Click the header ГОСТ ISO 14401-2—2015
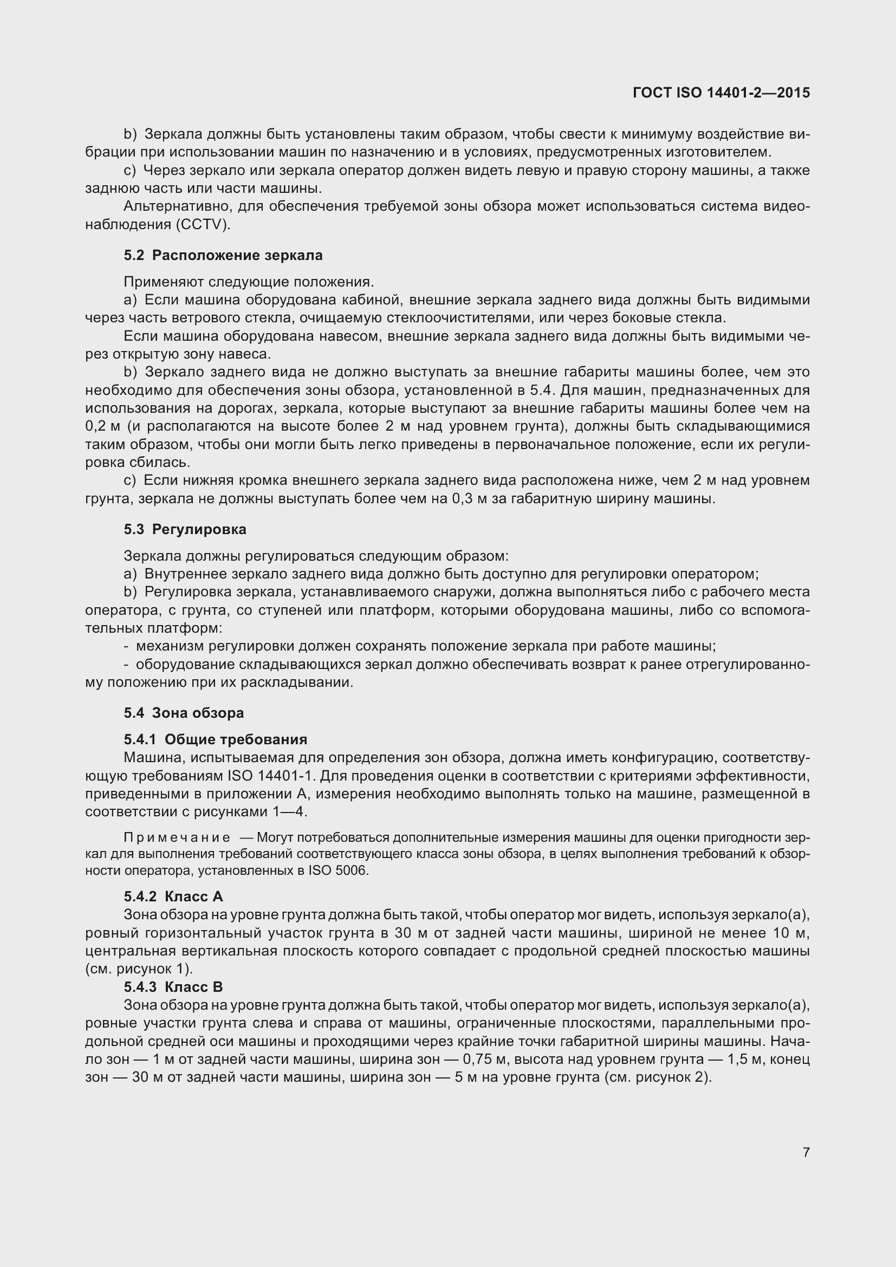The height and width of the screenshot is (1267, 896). [x=721, y=93]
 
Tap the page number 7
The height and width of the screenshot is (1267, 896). [x=806, y=1152]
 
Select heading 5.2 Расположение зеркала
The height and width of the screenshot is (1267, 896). [x=223, y=255]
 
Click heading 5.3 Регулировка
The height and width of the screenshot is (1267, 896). [x=185, y=529]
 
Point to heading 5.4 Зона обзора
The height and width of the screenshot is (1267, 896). [x=184, y=712]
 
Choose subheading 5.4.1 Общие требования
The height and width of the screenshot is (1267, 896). [x=215, y=739]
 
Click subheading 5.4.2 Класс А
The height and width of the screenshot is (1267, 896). [x=173, y=896]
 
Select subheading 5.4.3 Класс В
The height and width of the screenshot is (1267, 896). [x=173, y=986]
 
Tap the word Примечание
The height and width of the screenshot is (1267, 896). [x=177, y=837]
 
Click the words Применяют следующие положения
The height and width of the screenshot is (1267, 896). [x=249, y=282]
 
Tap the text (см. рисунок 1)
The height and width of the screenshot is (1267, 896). [x=139, y=969]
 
